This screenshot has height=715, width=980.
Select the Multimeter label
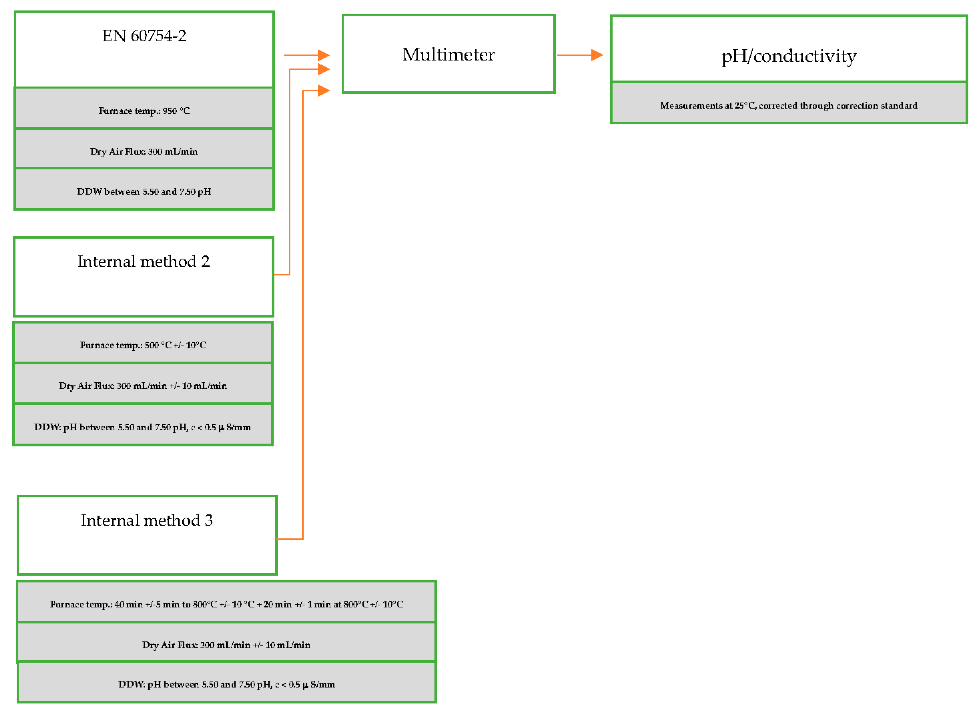(448, 55)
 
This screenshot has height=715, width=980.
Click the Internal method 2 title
(144, 261)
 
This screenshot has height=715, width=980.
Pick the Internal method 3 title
(147, 520)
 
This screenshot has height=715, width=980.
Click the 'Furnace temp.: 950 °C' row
(144, 111)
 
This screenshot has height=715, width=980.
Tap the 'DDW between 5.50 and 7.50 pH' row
(144, 191)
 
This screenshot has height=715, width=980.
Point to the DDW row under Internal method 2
(143, 427)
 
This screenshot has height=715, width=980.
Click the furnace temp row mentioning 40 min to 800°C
(226, 604)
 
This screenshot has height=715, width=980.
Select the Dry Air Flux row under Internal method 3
(226, 645)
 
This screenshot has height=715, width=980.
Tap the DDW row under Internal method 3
(226, 684)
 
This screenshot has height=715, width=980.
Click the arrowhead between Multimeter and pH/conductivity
(597, 55)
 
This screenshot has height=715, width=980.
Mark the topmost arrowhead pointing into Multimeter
(323, 55)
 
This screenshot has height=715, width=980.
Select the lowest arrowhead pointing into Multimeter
(323, 90)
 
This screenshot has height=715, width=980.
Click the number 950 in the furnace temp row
(170, 111)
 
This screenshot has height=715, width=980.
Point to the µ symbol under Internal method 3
(306, 685)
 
